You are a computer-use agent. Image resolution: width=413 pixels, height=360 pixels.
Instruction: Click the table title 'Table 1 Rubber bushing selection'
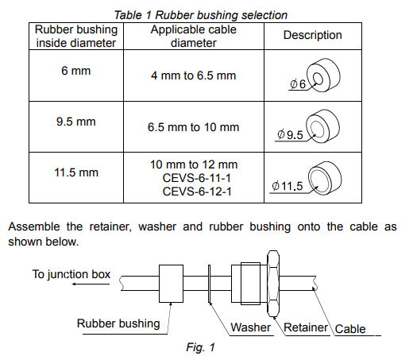201,15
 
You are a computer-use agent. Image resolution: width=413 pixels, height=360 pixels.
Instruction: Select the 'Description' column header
313,35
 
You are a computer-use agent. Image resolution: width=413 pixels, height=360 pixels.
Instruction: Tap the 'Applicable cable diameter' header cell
194,36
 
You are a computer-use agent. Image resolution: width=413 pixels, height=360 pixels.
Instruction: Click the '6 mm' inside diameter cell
76,71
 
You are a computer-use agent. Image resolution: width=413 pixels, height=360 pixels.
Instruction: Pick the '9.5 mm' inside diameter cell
76,122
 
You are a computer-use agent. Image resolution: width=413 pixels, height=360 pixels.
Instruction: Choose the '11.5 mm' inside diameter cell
76,172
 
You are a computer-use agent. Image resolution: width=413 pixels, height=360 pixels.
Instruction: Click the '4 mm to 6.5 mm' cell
194,75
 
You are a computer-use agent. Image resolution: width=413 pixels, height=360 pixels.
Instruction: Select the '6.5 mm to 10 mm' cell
194,127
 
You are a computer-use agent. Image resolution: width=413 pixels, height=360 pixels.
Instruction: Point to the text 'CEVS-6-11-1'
197,178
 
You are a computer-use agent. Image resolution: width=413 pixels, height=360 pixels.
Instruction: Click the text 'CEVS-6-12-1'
197,192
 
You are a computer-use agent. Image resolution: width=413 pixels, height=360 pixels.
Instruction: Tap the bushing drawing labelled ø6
323,75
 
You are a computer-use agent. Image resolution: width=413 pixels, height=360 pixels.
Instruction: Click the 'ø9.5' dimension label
290,135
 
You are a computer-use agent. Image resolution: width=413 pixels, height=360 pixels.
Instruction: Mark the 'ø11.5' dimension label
288,186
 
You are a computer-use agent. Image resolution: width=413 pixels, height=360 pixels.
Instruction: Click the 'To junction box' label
71,274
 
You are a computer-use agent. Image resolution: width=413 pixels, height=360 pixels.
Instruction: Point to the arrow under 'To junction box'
91,285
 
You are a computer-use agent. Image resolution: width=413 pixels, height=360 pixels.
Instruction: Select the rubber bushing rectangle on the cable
171,284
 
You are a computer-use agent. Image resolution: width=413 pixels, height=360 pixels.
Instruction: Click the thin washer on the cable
209,284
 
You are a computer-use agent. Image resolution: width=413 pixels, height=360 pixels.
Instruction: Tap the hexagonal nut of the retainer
273,284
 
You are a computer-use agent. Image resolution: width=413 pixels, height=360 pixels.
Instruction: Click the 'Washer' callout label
250,327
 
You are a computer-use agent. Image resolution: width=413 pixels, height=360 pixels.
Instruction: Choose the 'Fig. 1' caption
201,347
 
